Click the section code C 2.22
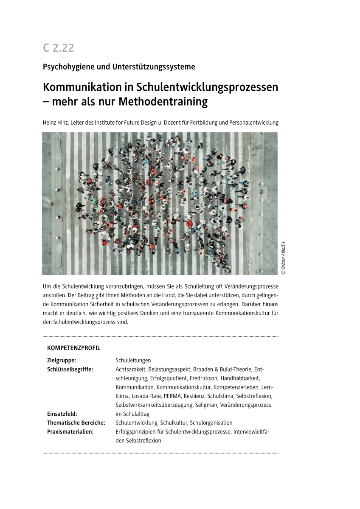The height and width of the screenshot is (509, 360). click(x=59, y=48)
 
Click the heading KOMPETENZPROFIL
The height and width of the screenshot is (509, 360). click(x=73, y=348)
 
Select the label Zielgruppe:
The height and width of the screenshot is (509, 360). click(x=62, y=361)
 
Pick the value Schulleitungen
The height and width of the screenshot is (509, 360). click(x=133, y=361)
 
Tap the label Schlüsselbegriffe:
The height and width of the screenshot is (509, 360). click(x=70, y=369)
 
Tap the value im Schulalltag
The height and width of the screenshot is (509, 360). click(x=132, y=414)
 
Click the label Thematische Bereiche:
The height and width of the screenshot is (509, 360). click(x=76, y=423)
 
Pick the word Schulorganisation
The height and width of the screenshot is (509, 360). click(x=211, y=423)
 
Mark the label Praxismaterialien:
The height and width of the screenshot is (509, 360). click(x=70, y=432)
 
